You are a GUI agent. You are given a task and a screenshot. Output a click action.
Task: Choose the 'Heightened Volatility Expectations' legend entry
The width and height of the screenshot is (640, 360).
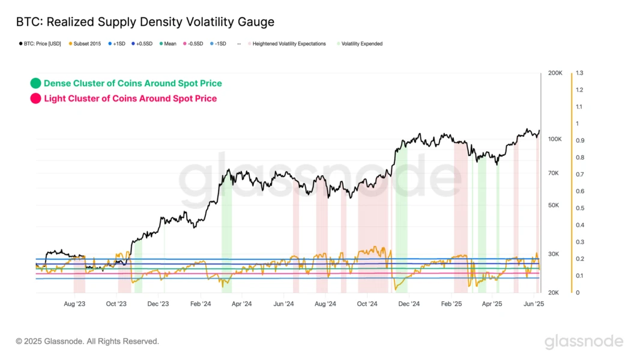click(x=289, y=44)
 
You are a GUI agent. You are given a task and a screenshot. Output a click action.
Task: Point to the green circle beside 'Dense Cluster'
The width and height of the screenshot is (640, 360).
click(x=35, y=83)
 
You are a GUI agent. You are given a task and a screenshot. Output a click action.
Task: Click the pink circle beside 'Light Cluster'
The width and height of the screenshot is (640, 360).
click(x=35, y=98)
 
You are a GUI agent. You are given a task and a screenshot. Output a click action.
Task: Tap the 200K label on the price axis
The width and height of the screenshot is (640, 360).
click(x=555, y=73)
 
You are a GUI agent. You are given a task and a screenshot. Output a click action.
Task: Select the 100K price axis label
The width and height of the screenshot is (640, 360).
click(x=555, y=139)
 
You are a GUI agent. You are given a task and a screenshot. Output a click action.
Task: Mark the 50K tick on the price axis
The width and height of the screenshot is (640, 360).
click(x=554, y=205)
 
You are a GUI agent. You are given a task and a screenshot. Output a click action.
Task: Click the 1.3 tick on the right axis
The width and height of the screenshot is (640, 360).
click(x=579, y=73)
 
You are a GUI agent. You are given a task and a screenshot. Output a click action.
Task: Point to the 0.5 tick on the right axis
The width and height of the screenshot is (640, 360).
click(x=579, y=208)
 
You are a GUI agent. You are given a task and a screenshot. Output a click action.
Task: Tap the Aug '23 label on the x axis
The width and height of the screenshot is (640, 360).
click(x=74, y=304)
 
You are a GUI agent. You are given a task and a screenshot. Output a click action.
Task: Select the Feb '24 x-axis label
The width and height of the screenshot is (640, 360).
click(x=200, y=304)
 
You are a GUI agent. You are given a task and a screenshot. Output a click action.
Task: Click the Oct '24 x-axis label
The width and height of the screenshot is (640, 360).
click(x=367, y=304)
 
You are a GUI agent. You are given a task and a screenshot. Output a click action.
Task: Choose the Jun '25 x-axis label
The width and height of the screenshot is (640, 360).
click(x=534, y=304)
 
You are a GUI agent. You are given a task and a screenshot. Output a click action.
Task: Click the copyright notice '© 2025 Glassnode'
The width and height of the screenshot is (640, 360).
click(x=87, y=341)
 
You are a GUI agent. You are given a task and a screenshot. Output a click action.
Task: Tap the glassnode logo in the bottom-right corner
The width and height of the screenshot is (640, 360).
click(x=584, y=341)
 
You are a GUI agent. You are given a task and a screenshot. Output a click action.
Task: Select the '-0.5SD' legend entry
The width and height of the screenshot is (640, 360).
click(x=196, y=44)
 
